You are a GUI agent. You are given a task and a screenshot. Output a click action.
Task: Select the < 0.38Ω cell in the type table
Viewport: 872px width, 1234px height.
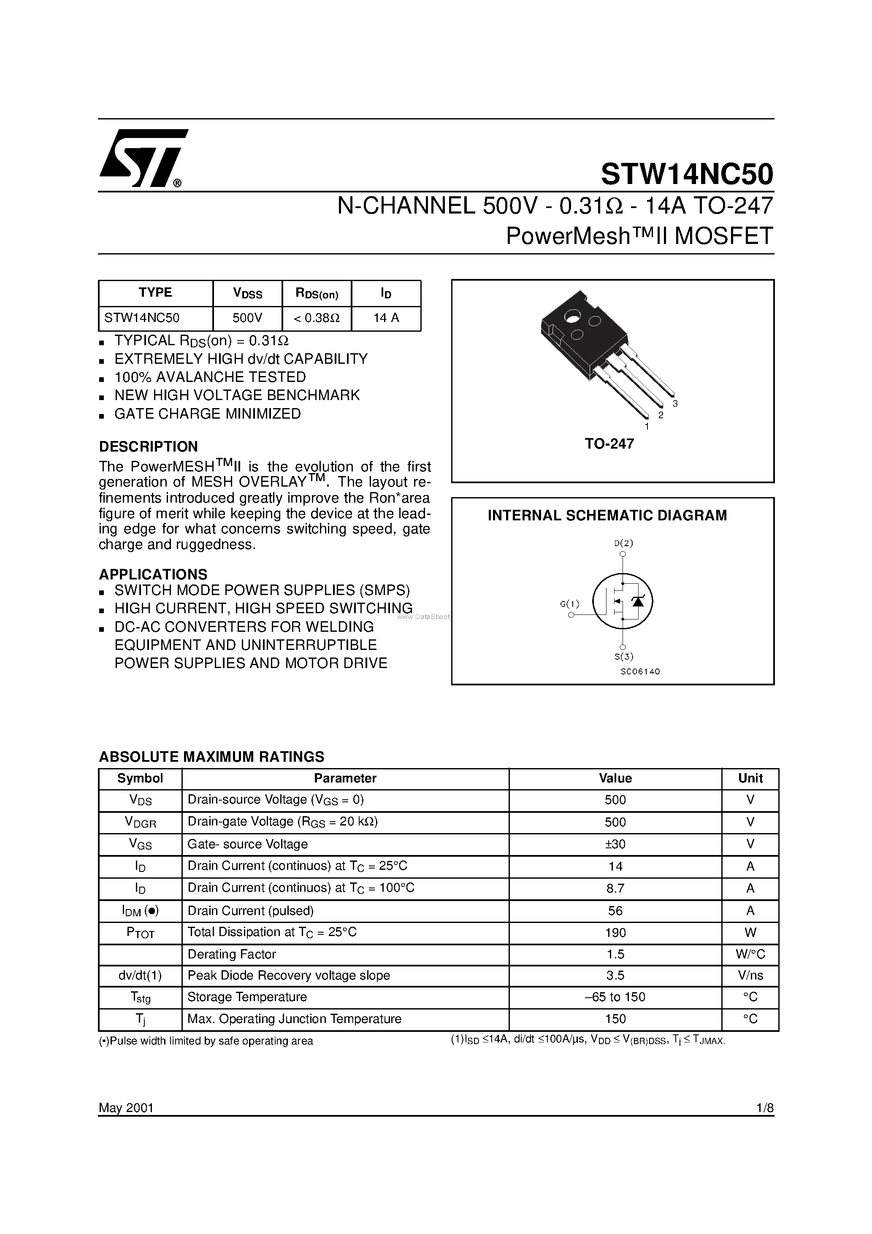tap(317, 318)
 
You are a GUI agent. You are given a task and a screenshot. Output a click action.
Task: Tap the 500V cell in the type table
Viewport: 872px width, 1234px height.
tap(247, 318)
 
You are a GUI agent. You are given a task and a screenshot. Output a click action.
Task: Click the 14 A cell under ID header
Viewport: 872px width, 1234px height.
tap(386, 318)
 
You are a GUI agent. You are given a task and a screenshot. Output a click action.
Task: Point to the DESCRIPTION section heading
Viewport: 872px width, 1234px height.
tap(149, 447)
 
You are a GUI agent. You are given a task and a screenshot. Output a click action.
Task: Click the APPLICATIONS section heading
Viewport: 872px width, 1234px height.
tap(153, 574)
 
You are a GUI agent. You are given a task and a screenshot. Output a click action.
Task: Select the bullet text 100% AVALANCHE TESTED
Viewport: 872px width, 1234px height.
tap(210, 377)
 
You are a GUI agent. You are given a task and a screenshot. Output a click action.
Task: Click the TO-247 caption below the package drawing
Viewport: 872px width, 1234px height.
tap(609, 444)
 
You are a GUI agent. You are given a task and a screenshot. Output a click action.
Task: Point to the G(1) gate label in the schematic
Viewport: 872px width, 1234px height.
tap(569, 603)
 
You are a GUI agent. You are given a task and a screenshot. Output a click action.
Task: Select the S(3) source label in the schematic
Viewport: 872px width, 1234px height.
tap(624, 656)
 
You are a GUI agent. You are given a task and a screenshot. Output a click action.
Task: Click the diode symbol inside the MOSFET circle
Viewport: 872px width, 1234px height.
tap(638, 601)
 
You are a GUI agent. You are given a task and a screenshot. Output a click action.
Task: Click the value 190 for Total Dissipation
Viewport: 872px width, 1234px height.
tap(615, 933)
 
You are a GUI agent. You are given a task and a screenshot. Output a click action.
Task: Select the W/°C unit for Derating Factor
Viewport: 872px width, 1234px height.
tap(750, 955)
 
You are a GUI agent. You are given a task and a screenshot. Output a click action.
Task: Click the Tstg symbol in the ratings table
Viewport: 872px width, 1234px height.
tap(140, 998)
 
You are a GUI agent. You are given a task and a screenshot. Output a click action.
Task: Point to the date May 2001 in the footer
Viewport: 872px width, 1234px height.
tap(126, 1108)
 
